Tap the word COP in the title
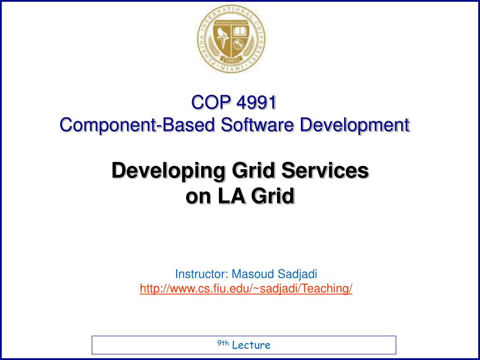[x=209, y=102]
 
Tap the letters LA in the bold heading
[x=232, y=196]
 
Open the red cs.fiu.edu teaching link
[x=246, y=289]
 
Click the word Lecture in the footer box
[x=251, y=345]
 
